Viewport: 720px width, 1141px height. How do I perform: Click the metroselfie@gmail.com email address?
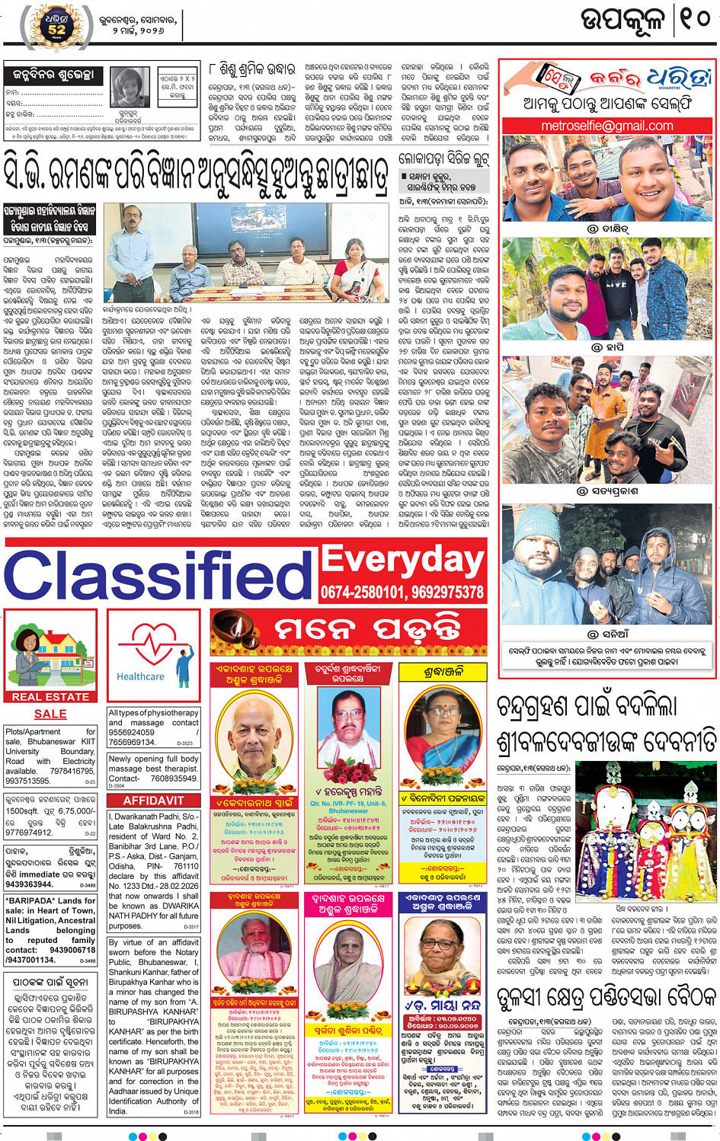pos(607,126)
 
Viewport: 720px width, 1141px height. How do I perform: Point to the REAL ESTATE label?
pos(50,696)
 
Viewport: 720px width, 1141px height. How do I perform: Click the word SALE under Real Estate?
pos(50,714)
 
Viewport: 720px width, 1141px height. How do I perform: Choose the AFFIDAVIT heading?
pos(153,801)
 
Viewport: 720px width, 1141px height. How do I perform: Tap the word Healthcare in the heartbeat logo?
pos(140,676)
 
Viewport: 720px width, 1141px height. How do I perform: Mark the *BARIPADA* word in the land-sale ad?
pos(30,900)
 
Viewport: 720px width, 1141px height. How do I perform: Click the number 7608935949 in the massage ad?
pos(174,778)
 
